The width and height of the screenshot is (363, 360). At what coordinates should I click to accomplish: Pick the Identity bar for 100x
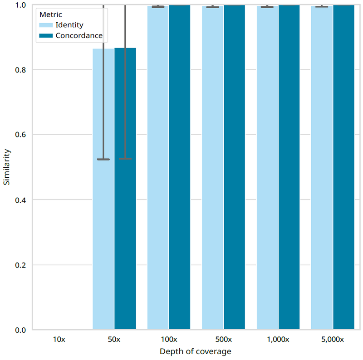(x=158, y=168)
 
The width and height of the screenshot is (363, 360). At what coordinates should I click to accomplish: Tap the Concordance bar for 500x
(x=234, y=168)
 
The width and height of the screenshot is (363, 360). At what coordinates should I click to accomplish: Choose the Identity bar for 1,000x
(x=267, y=168)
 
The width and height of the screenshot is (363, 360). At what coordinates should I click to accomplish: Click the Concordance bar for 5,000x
(x=343, y=168)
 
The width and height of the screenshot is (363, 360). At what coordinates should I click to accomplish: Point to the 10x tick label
(x=59, y=339)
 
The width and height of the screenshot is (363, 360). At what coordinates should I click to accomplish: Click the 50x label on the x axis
(x=114, y=339)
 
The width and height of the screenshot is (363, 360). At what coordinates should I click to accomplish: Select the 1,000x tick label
(x=278, y=339)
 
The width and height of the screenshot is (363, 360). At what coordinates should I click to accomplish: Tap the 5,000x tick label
(x=332, y=339)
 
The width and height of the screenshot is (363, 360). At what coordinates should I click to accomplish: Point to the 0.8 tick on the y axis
(x=20, y=70)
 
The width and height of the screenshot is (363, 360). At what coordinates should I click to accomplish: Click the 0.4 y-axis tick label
(x=20, y=200)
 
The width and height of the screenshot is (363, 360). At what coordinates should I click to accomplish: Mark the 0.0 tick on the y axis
(x=20, y=330)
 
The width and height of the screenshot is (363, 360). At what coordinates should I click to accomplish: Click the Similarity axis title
(x=7, y=167)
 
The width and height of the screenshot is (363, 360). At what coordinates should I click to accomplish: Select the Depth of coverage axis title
(x=196, y=351)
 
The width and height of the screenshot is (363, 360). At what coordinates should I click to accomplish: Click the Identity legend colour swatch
(x=46, y=24)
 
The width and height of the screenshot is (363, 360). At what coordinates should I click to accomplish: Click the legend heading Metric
(x=51, y=15)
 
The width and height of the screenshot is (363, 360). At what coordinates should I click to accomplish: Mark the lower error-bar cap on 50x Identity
(x=103, y=159)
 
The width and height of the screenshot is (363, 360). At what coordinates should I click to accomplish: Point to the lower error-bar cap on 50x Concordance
(x=125, y=159)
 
